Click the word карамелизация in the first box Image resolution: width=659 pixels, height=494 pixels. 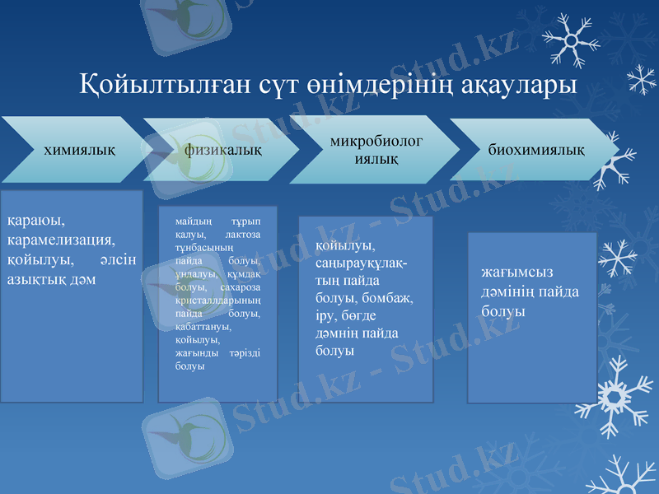pyautogui.click(x=61, y=240)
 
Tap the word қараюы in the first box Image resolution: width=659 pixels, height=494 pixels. pyautogui.click(x=36, y=220)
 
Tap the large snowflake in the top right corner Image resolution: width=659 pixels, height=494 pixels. pyautogui.click(x=568, y=40)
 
